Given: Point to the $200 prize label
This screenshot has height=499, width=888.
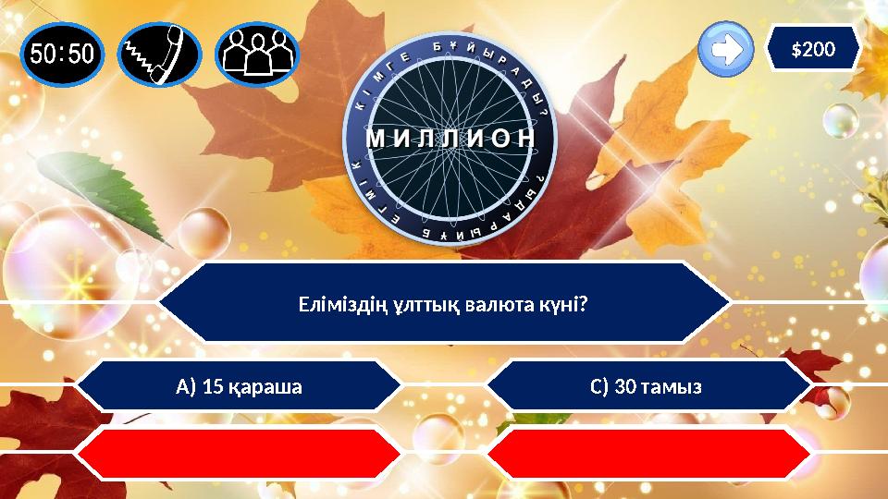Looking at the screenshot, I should click(813, 49).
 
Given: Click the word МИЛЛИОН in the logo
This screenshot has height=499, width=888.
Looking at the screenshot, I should click(450, 139).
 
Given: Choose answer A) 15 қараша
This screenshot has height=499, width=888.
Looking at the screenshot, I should click(240, 385).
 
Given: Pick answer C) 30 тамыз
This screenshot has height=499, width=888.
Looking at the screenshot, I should click(648, 385).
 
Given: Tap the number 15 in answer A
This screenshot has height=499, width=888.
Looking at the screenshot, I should click(213, 385).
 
